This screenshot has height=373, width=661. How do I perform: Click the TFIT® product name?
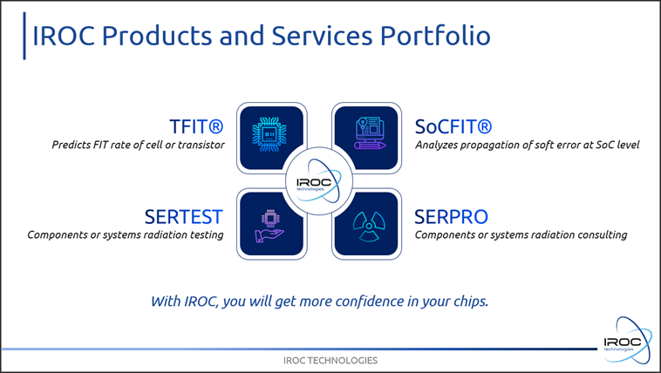point(196,126)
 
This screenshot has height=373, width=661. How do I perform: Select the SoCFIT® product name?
point(453,126)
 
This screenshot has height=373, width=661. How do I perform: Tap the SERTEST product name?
point(183,217)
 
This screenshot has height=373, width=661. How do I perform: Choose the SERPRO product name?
point(451,217)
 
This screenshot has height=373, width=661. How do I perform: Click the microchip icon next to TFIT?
point(269,134)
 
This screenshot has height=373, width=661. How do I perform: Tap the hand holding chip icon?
point(269,226)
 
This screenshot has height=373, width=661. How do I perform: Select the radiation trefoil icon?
point(369,227)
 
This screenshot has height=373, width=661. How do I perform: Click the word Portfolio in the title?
point(435,36)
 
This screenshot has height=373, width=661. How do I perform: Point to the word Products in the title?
point(157,36)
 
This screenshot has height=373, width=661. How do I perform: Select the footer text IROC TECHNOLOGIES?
point(330,360)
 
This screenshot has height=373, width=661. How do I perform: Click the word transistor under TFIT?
point(201,145)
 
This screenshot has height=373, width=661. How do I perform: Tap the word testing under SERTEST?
point(207,234)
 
